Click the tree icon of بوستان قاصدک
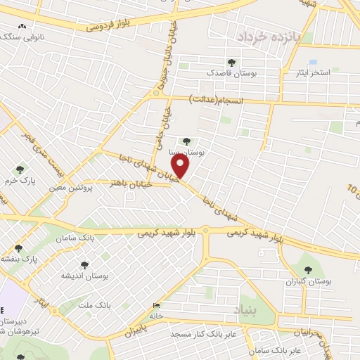coord(232,63)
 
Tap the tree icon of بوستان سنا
coord(186,141)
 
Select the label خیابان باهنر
coord(127,183)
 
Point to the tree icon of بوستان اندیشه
coord(84,265)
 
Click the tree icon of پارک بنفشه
coord(19,247)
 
